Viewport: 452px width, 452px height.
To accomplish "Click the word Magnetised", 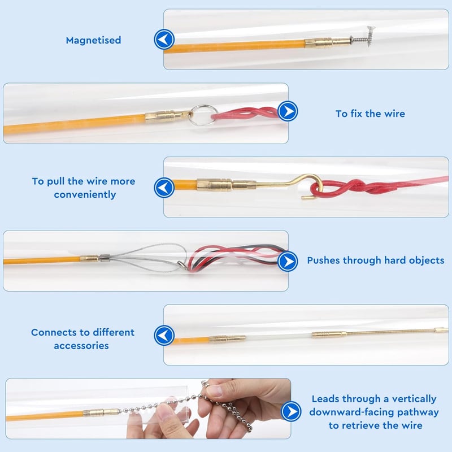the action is pos(93,40).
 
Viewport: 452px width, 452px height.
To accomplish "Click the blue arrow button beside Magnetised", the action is pos(164,39).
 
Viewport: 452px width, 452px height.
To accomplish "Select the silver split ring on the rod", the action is pos(204,115).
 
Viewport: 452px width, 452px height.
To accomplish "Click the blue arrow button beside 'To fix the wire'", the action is pos(288,111).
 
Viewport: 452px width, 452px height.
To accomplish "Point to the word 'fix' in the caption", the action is pos(357,114).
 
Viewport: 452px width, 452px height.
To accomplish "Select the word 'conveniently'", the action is pos(85,195).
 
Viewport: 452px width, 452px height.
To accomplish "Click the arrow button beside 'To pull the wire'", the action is pos(164,188).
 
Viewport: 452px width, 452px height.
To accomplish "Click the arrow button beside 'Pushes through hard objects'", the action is pos(288,262).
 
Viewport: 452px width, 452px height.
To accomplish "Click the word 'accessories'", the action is pos(81,346).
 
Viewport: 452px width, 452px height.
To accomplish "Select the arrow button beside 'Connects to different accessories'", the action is pos(164,336).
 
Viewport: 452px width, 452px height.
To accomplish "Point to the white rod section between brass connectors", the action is pos(279,337).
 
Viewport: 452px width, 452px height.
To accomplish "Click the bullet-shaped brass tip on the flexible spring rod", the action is pos(441,330).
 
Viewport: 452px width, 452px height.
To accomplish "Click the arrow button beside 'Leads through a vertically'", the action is pos(291,411).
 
